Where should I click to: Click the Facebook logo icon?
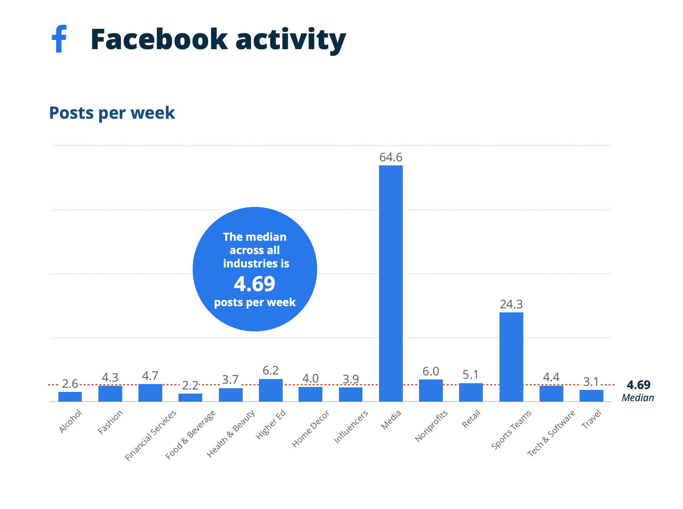coord(59,39)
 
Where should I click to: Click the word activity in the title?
coord(291,40)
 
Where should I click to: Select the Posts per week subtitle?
coord(112,113)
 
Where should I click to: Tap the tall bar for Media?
coord(391,283)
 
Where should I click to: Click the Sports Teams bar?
coord(511,357)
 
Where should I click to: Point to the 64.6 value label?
coord(391,157)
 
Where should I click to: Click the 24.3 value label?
coord(511,304)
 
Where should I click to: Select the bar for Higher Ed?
coord(271,390)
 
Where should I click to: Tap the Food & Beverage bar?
coord(190,397)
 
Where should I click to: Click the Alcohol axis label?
coord(71,422)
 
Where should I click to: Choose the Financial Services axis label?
coord(151,435)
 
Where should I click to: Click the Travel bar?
coord(591,396)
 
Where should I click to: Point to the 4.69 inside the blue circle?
coord(254,284)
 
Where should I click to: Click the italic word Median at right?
coord(638,398)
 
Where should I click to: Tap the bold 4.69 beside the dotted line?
coord(638,385)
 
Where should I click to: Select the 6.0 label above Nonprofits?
coord(431,371)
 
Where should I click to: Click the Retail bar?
coord(471,392)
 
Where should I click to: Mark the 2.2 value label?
coord(190,385)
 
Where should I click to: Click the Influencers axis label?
coord(352,427)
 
